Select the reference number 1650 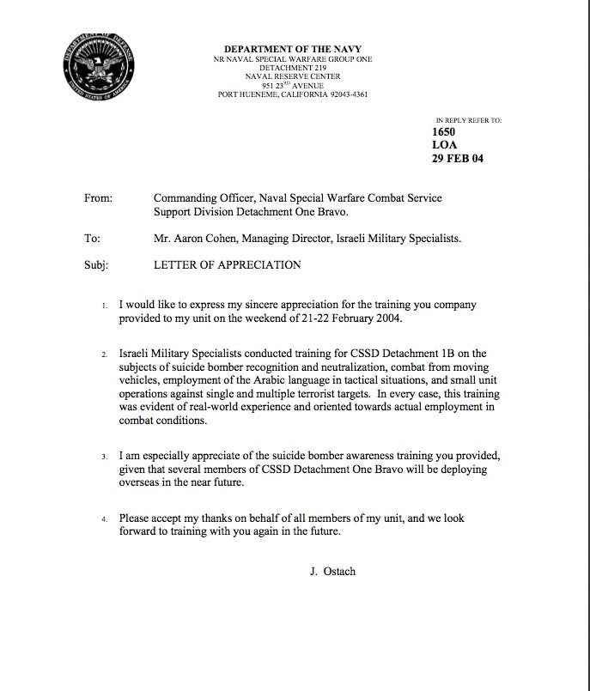[445, 132]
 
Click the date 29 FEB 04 [459, 158]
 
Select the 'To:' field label [92, 239]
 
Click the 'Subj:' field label [96, 265]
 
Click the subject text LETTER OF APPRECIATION [227, 265]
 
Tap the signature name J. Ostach [332, 570]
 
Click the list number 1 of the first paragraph [105, 306]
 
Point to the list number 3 [105, 456]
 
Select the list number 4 [105, 520]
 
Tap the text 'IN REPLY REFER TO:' [468, 121]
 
